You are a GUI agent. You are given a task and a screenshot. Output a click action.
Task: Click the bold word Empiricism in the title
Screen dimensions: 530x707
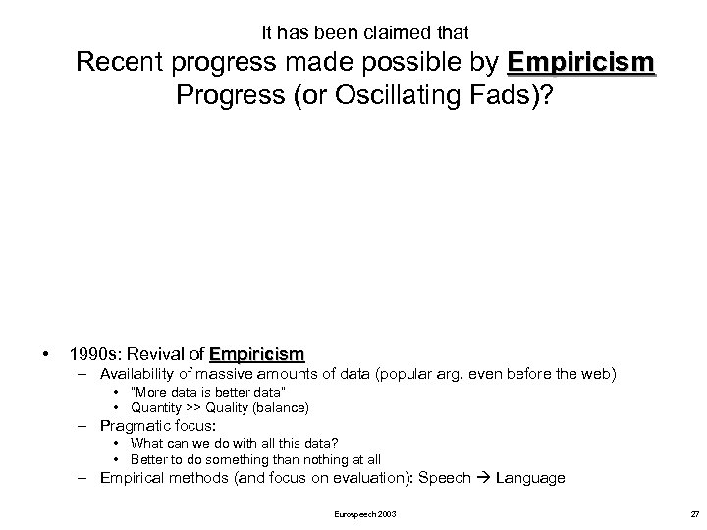[x=581, y=65]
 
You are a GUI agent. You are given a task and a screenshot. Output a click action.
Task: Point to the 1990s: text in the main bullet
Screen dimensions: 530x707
[x=94, y=352]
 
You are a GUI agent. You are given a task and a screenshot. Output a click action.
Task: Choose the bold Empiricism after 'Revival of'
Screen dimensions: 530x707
[x=256, y=352]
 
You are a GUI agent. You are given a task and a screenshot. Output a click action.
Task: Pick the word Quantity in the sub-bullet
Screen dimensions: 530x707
[x=156, y=407]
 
